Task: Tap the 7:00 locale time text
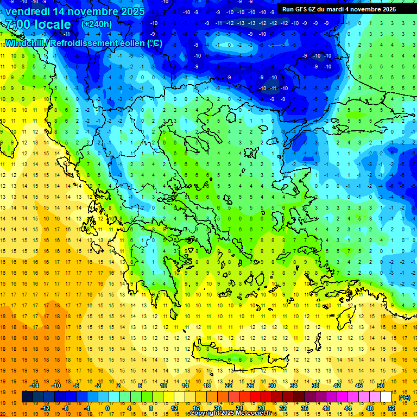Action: (38, 24)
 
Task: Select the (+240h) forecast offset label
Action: (97, 24)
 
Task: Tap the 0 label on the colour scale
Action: (108, 408)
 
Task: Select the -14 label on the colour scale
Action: (34, 386)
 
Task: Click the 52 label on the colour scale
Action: (391, 408)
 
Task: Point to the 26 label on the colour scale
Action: (250, 386)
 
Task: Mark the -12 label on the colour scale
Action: (45, 408)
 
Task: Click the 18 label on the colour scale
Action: (207, 386)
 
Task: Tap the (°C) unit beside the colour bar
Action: (404, 397)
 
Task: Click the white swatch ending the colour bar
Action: (386, 397)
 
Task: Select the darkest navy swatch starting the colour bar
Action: (27, 397)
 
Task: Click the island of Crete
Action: (239, 358)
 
